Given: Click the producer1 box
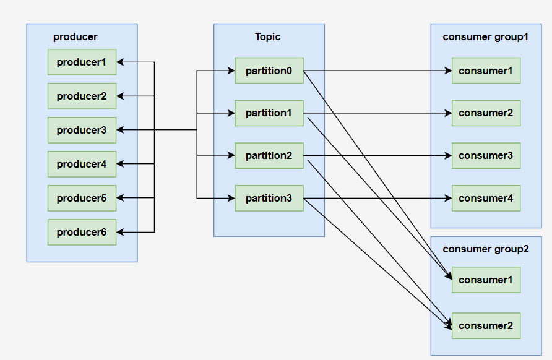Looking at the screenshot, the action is [82, 62].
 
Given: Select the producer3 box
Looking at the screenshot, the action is [82, 130].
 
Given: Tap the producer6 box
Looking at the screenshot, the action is [82, 232].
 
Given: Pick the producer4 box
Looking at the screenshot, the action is [82, 164].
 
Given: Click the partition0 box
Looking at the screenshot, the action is [269, 71].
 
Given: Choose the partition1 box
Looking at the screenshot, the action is [269, 113].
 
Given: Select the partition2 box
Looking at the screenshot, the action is [269, 155].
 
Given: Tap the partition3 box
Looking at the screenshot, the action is [269, 198].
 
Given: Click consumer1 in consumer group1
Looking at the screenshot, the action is [486, 71].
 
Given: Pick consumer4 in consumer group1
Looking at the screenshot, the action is [486, 198].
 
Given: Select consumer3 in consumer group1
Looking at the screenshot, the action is [486, 155].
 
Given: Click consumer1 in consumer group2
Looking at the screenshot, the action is [486, 280].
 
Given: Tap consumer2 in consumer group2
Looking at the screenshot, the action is [486, 326].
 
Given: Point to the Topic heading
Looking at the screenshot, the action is [268, 36].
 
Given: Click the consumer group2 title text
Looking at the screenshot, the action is [486, 249].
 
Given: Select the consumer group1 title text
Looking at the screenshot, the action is [486, 37].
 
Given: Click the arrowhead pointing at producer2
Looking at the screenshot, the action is [120, 96].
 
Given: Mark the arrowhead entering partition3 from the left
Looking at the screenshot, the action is [231, 198].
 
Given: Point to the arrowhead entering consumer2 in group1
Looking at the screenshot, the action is [448, 113].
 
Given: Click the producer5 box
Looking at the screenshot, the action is [82, 198].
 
